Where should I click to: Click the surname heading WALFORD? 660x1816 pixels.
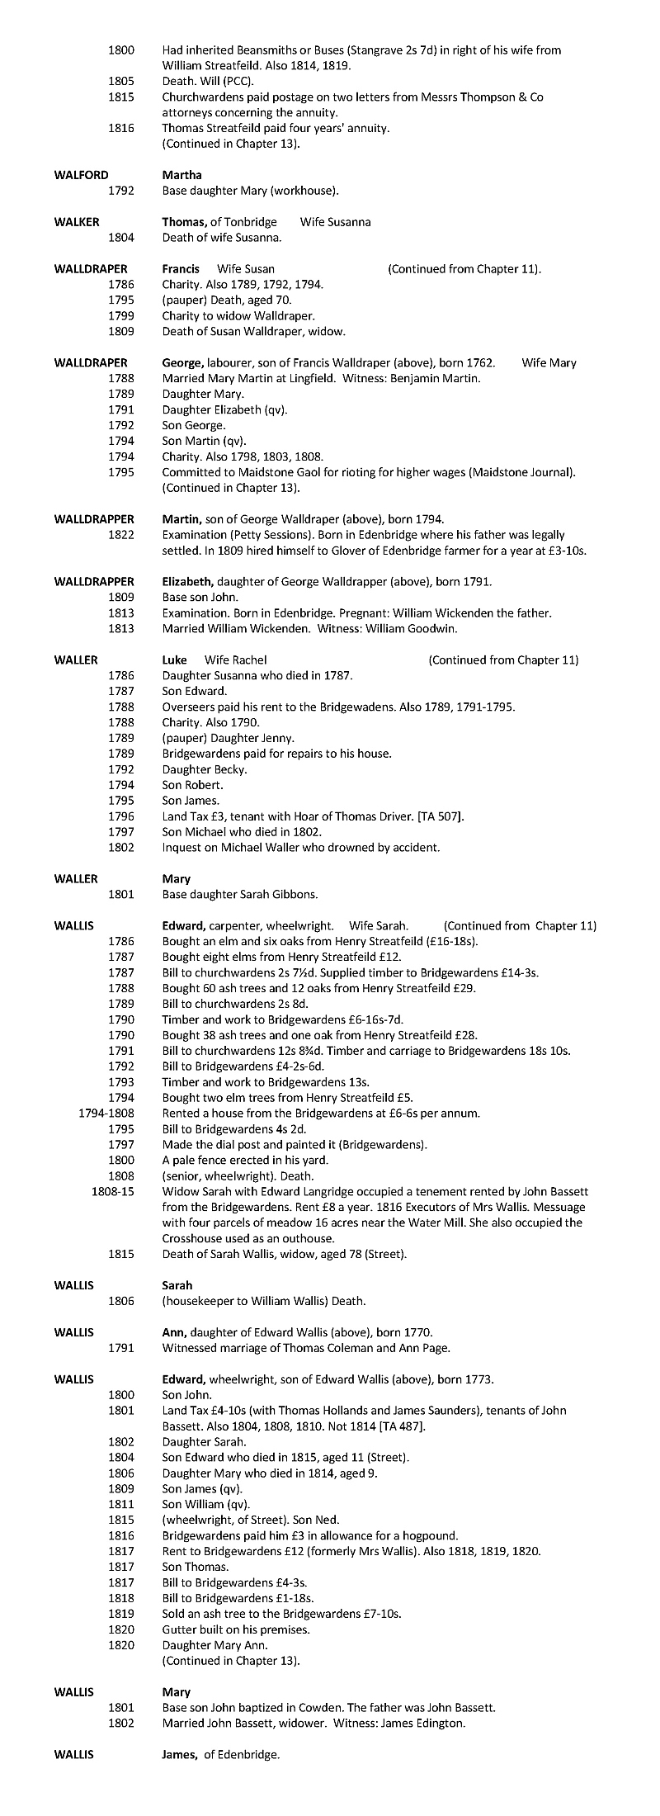tap(81, 175)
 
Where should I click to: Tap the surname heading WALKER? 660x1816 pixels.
tap(77, 222)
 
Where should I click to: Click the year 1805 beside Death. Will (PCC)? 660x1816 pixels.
tap(121, 82)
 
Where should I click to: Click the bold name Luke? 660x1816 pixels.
tap(174, 660)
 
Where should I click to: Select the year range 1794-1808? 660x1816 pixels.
tap(106, 1113)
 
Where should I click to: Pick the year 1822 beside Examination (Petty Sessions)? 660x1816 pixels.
tap(121, 535)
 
